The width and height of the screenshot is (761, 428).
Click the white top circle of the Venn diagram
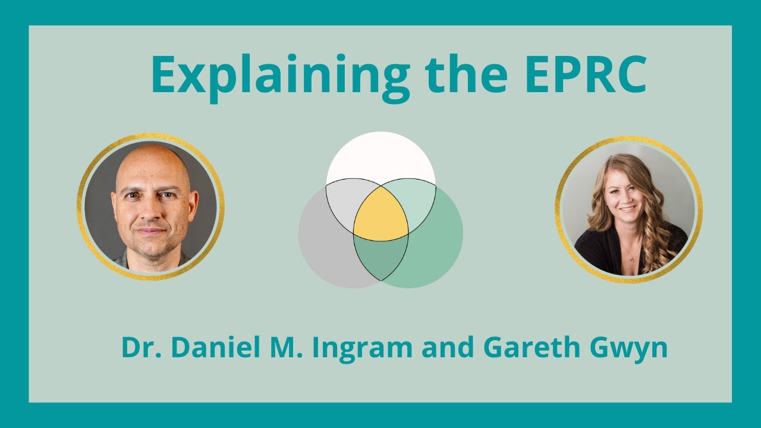click(x=380, y=155)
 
